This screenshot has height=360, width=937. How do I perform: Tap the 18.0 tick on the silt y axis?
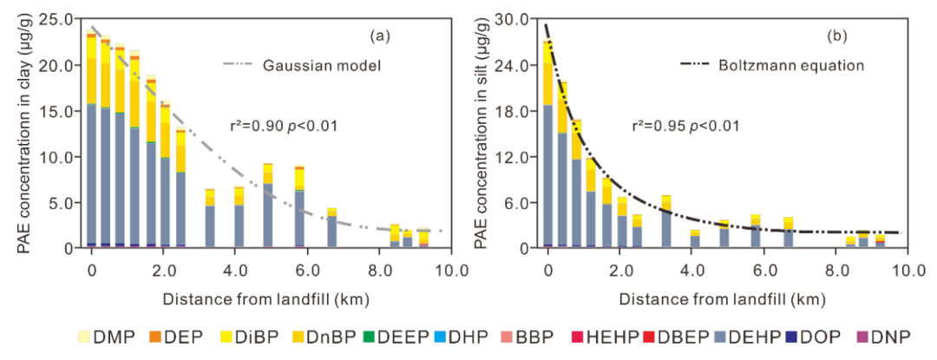513,111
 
